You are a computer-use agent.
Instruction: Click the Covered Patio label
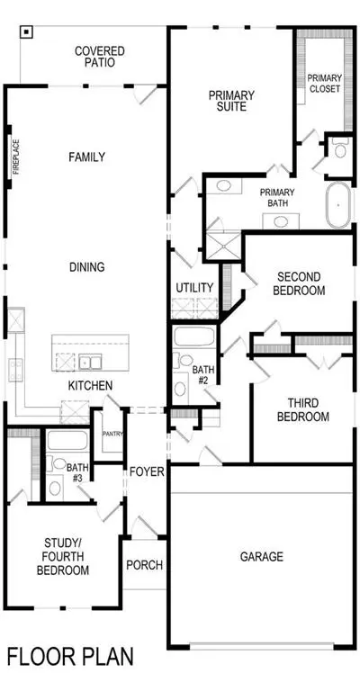pos(100,57)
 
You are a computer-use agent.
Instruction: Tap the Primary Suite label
pos(231,101)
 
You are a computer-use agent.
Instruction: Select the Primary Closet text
pos(325,83)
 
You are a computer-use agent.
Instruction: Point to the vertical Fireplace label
pos(16,157)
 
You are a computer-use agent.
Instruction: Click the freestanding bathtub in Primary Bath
pos(338,205)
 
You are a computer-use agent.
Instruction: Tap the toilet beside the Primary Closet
pos(340,148)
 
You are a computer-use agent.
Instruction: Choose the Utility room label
pos(194,288)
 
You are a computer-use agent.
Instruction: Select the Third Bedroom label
pos(302,410)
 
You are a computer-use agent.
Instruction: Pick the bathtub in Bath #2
pos(193,337)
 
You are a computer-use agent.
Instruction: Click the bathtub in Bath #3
pos(67,440)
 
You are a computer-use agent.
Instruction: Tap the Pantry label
pos(112,434)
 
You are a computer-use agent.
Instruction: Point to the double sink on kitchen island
pos(90,363)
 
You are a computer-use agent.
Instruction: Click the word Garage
pos(262,557)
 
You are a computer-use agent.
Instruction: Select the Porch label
pos(145,565)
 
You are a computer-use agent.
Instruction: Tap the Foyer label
pos(147,472)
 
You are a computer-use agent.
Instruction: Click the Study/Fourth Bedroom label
pos(63,556)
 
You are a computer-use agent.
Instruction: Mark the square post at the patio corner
pos(27,31)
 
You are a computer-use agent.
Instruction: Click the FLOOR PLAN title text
pos(70,656)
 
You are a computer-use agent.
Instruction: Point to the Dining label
pos(87,267)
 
